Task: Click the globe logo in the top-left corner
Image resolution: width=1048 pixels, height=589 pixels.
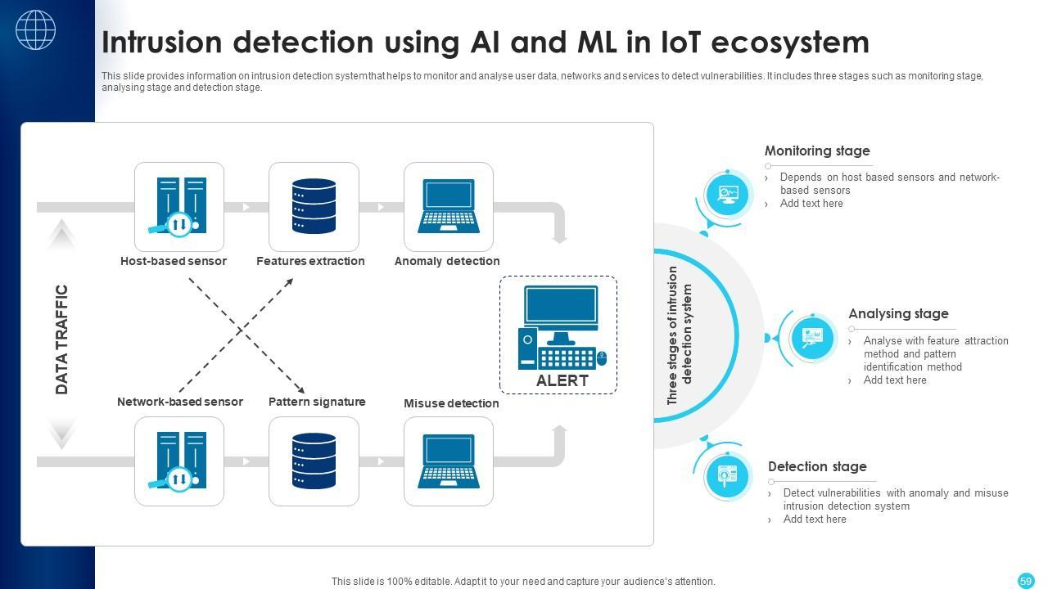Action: pos(36,30)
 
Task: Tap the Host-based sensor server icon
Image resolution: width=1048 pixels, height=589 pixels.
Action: pos(179,206)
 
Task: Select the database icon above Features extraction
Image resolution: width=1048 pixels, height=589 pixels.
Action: pos(314,206)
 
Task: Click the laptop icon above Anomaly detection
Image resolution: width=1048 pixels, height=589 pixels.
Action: pos(448,206)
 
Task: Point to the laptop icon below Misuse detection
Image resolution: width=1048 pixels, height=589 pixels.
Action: pos(448,461)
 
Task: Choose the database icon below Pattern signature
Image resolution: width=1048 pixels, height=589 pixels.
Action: pos(314,461)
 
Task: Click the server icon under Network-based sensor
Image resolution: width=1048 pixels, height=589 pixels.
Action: pos(179,461)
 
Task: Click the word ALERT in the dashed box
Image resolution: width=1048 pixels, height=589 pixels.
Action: pos(562,381)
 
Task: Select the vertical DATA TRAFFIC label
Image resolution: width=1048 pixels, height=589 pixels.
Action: pos(62,339)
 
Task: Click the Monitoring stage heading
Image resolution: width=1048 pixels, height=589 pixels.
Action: pos(816,151)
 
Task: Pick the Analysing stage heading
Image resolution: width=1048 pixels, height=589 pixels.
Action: pos(897,314)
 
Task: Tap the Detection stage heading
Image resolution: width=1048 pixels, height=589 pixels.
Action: pos(816,467)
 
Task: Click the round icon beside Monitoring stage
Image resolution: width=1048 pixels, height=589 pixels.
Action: pos(727,195)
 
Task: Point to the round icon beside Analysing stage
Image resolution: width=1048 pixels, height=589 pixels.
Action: pos(811,337)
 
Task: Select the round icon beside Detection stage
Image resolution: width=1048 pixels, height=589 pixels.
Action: pos(726,475)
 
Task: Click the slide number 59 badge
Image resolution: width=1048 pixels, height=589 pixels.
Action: pos(1026,581)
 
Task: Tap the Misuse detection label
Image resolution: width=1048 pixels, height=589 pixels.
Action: pos(450,403)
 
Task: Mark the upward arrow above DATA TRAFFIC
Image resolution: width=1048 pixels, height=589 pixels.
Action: pos(62,235)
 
